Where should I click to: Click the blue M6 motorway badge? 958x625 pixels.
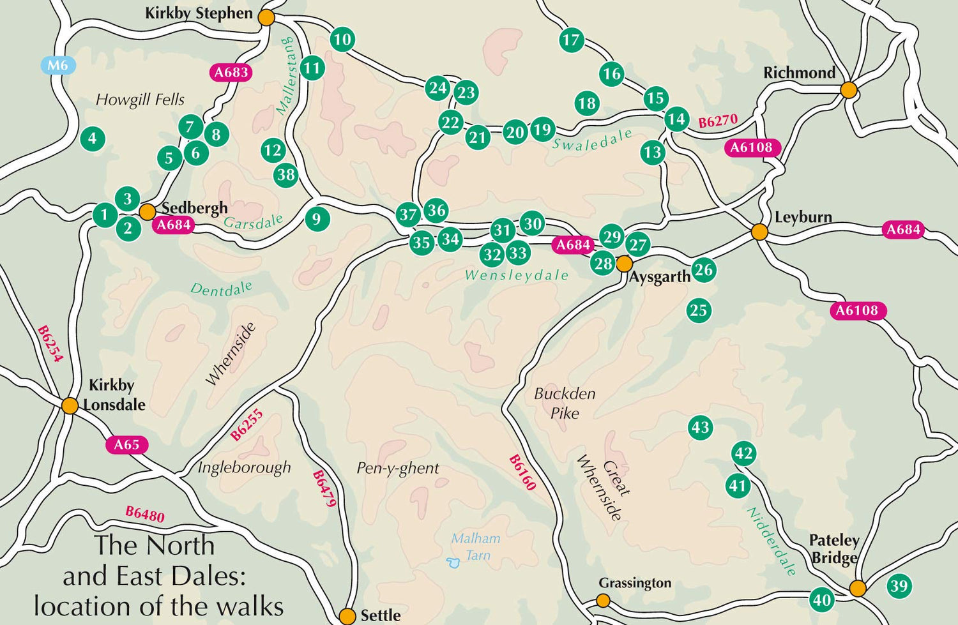(x=57, y=65)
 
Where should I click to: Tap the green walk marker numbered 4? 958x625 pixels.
(x=93, y=139)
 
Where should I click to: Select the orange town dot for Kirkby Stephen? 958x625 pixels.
(x=266, y=18)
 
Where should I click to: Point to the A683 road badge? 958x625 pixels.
(x=231, y=72)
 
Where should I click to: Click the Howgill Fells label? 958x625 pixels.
(x=140, y=100)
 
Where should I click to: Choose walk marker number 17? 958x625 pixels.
(x=571, y=40)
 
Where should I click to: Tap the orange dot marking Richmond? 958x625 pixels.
(x=848, y=90)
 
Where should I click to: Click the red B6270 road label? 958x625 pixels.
(x=717, y=121)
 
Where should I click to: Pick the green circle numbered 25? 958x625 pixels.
(x=699, y=311)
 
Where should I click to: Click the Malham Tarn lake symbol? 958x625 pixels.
(x=453, y=562)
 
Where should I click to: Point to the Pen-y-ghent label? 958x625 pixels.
(x=397, y=469)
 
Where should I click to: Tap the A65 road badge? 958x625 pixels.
(x=126, y=445)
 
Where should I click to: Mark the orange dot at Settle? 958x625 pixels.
(x=347, y=616)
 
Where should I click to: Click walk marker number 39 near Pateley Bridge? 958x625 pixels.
(x=899, y=586)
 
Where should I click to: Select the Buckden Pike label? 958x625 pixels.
(x=565, y=403)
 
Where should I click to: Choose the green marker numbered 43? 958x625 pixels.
(x=700, y=427)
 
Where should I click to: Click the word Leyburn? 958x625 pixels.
(x=803, y=217)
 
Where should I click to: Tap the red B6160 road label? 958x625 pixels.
(x=522, y=472)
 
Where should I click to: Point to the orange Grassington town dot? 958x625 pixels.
(x=603, y=600)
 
